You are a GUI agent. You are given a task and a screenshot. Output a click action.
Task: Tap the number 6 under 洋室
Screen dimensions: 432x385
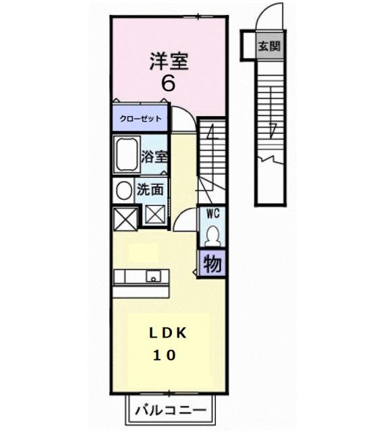168,84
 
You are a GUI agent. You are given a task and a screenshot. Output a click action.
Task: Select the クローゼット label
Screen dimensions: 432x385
141,119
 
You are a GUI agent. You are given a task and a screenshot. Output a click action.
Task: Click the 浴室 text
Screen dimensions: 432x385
154,156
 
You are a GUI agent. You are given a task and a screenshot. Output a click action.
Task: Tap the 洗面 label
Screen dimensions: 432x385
150,190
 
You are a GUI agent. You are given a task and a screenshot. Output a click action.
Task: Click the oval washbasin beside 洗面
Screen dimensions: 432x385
123,190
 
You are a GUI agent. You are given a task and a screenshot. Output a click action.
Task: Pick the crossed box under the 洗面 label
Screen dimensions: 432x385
154,216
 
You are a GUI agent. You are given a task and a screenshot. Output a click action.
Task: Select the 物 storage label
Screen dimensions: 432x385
212,264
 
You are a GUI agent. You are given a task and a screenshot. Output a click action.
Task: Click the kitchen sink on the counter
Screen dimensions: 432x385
153,276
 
